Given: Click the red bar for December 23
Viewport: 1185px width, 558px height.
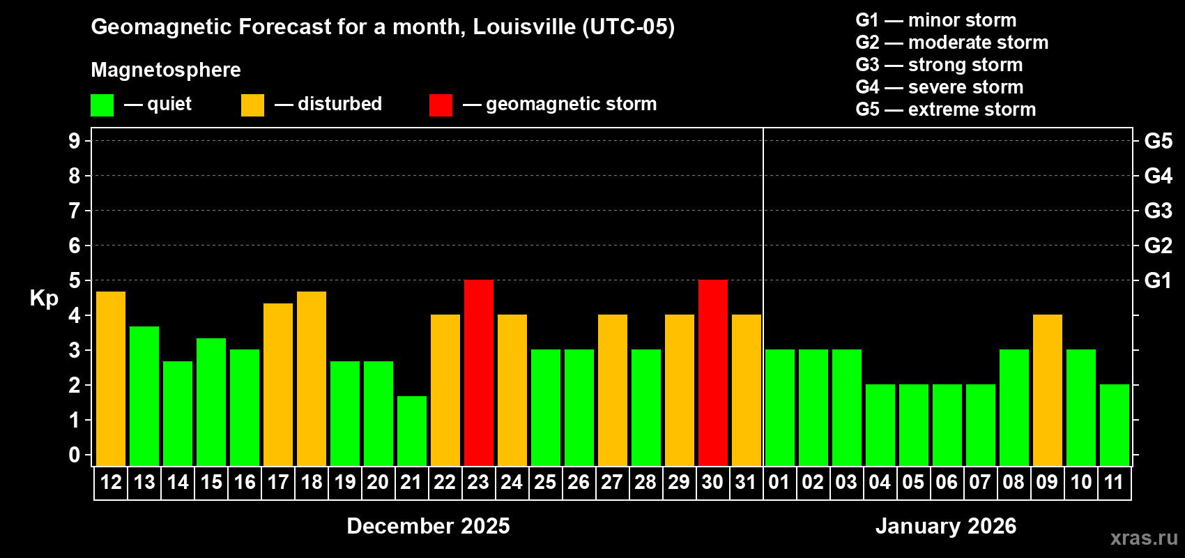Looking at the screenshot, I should tap(479, 372).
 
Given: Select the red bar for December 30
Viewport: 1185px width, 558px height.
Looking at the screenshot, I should tap(713, 372).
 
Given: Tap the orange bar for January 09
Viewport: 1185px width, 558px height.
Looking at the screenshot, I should tap(1048, 390).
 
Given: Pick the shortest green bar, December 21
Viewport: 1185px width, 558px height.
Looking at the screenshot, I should tap(412, 431).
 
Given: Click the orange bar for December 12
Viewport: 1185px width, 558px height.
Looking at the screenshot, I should tap(111, 379).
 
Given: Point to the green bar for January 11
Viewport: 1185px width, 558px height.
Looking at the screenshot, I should tap(1115, 425).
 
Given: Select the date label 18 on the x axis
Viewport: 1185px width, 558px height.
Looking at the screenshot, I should tap(312, 482).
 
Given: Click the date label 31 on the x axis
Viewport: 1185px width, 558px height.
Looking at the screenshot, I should tap(746, 482).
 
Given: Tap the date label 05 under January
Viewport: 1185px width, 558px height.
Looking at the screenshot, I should tap(913, 482).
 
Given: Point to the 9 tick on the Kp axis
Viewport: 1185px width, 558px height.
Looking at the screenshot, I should tap(75, 141).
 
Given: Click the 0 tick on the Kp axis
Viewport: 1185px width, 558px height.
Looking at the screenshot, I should tap(75, 455).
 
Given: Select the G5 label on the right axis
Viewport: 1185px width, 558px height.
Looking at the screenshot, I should tap(1158, 141).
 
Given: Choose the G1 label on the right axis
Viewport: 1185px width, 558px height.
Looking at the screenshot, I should tap(1158, 280).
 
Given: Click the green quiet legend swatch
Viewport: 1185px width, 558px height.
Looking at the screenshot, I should tap(102, 105).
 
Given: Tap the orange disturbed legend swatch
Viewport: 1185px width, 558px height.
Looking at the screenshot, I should tap(252, 105).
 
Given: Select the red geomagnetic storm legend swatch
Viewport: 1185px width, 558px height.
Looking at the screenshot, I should tap(441, 105).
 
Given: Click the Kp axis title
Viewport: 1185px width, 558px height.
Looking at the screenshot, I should tap(44, 299).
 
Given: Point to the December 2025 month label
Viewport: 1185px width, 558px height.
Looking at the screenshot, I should tap(428, 526).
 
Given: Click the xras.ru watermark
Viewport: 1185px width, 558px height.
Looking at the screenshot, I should tap(1144, 538).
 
